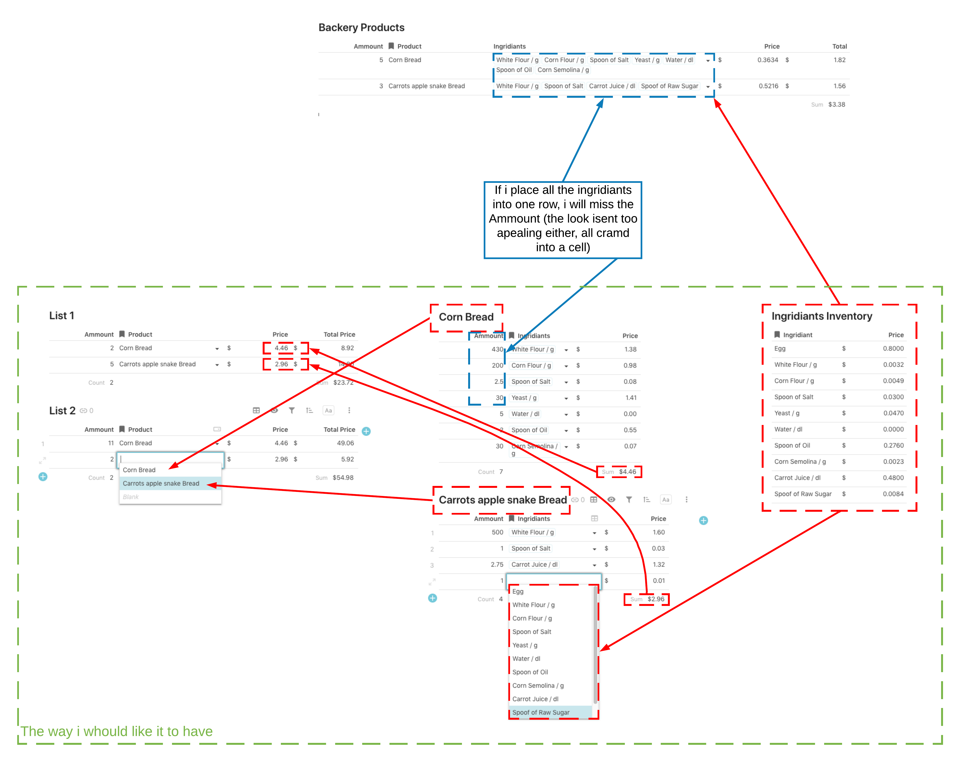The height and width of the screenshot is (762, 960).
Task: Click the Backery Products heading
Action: point(361,27)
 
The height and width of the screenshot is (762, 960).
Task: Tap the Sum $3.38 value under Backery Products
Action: point(836,104)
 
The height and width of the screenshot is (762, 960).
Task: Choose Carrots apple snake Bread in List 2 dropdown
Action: point(161,484)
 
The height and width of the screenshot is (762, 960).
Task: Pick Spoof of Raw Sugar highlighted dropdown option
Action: point(541,713)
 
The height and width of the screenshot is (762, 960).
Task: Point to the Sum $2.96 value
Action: point(655,599)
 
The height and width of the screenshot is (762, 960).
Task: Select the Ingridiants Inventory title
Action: point(821,316)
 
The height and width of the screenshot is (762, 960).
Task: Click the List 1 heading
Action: point(61,316)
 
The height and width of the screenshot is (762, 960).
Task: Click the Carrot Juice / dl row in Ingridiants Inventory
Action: point(797,478)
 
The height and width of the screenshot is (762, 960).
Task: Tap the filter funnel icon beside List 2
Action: point(292,411)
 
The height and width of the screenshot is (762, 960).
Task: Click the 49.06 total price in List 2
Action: point(345,443)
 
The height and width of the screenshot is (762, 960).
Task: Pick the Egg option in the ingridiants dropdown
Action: point(518,592)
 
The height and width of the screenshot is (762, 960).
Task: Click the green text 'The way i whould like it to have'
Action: point(117,731)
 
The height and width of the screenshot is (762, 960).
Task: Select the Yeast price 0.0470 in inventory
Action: point(893,413)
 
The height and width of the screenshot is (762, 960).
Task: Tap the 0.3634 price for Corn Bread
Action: point(768,60)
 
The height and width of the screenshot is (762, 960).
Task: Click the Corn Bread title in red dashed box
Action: point(466,317)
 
